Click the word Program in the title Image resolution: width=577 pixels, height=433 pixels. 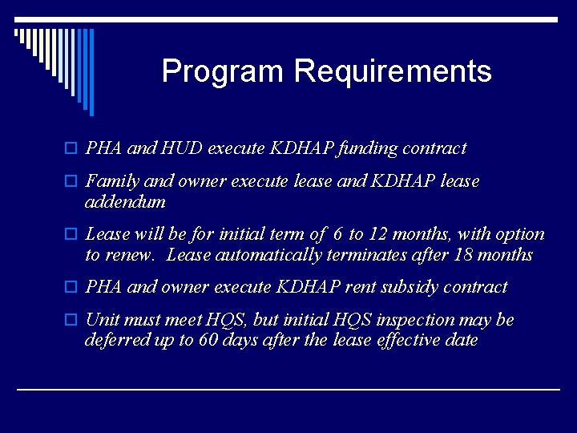(x=224, y=71)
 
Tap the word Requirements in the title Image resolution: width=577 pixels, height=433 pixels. (x=392, y=71)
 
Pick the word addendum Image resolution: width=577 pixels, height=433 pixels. (x=125, y=202)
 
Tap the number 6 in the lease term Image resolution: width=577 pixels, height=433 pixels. (x=339, y=234)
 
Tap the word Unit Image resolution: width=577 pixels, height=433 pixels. (x=102, y=320)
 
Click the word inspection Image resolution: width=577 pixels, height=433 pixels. (x=424, y=320)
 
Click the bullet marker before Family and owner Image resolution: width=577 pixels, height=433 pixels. (x=71, y=182)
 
